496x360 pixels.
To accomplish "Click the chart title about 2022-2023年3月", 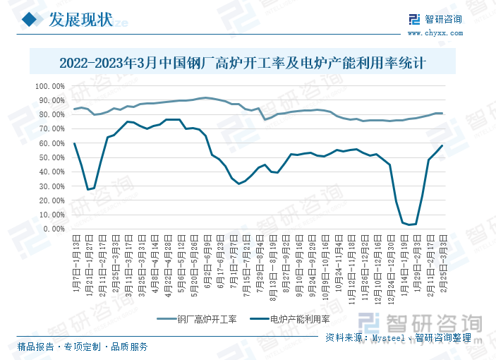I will [248, 62].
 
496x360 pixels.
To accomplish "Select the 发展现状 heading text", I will [80, 20].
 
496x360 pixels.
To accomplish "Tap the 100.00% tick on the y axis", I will [50, 86].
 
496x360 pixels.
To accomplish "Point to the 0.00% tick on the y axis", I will [54, 229].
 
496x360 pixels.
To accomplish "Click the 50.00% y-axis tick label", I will [52, 157].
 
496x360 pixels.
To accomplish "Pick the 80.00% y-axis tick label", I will [52, 114].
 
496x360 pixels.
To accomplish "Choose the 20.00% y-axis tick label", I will [52, 200].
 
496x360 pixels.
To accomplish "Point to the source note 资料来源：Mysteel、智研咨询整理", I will [399, 338].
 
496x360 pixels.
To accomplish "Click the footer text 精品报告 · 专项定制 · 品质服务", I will [83, 347].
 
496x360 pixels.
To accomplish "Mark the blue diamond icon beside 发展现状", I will [29, 20].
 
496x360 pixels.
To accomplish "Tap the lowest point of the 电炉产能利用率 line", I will [410, 225].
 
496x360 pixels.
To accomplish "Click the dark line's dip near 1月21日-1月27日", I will [88, 189].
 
